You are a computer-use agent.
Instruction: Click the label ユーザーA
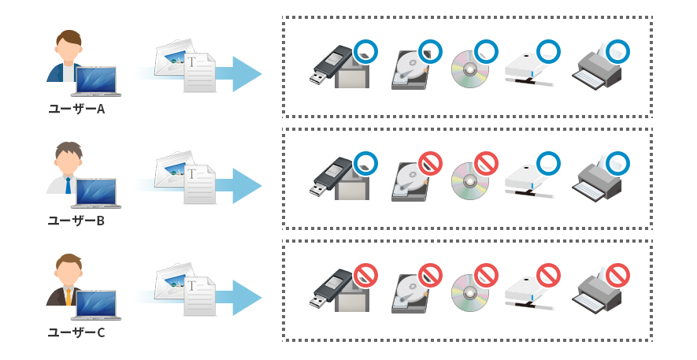(76, 109)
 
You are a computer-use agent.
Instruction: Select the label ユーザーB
(76, 221)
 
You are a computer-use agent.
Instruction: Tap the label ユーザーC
(76, 332)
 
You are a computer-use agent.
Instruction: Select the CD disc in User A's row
(469, 70)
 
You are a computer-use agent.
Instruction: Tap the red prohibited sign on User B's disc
(486, 164)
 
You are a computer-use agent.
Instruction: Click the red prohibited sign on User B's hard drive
(430, 164)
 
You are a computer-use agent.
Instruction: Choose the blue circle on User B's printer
(618, 163)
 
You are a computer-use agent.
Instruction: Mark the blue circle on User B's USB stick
(365, 163)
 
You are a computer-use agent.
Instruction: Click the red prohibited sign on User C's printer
(619, 276)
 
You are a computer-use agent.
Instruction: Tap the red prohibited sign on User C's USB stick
(365, 276)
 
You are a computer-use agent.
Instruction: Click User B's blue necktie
(69, 186)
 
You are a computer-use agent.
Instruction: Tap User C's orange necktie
(69, 297)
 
